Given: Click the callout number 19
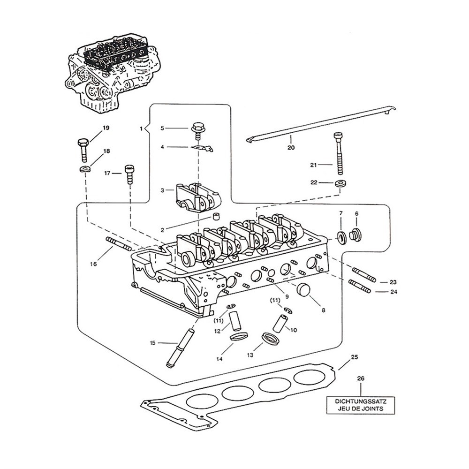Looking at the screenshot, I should pos(106,128).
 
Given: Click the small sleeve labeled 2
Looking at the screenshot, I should pos(217,217).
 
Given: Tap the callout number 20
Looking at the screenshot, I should pos(290,149).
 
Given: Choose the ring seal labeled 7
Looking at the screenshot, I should pos(341,237).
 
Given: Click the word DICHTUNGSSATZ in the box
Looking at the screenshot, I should pos(360,401).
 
